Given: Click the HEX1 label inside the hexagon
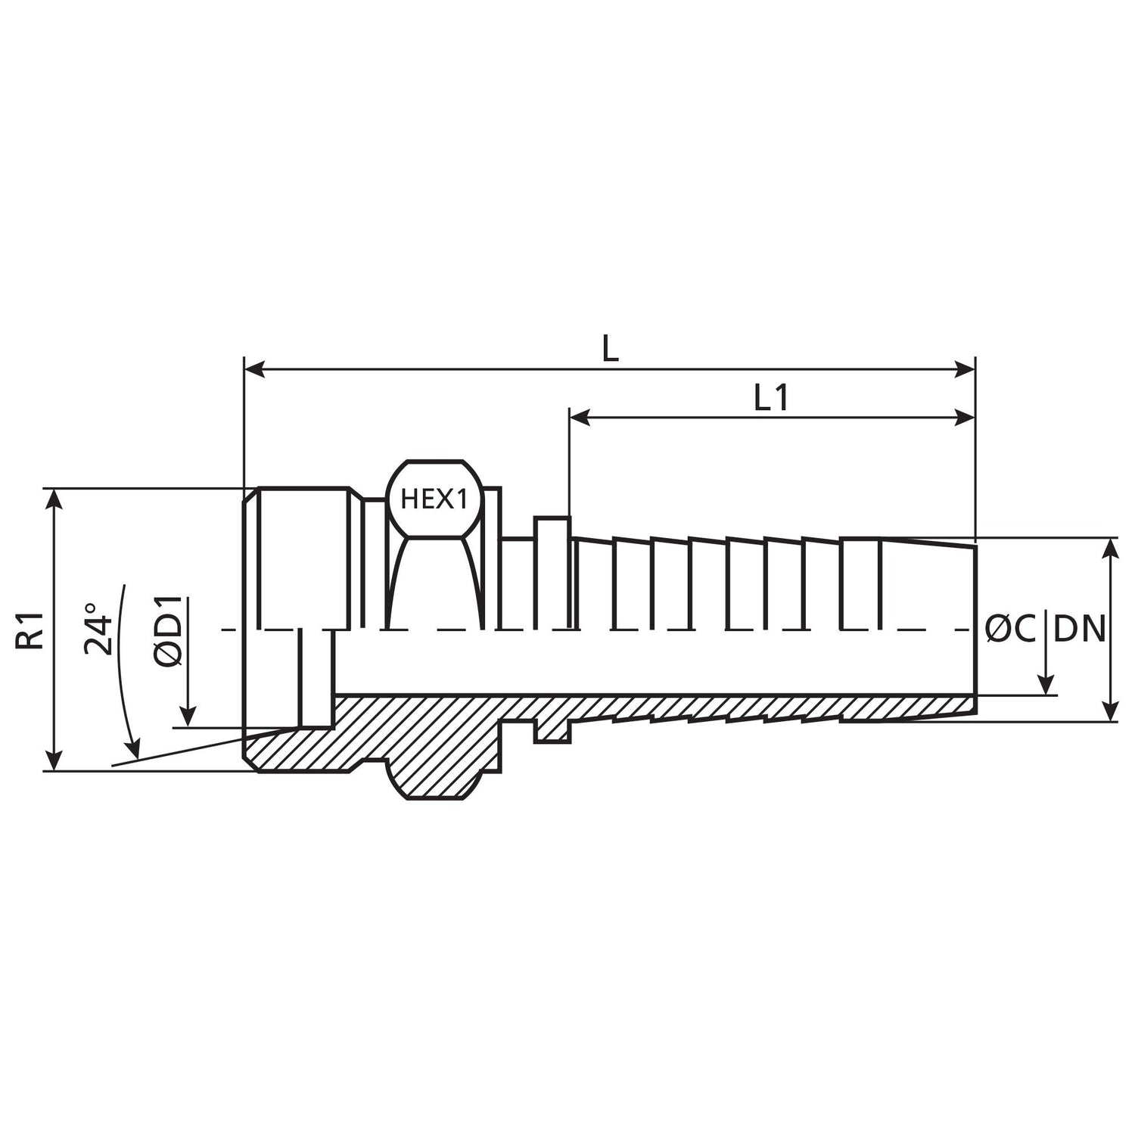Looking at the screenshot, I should [434, 499].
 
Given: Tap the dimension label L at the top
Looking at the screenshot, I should [610, 348].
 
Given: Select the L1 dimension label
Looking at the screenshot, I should [772, 398].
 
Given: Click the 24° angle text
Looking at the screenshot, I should [101, 628].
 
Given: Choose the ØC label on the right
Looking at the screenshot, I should [1011, 629].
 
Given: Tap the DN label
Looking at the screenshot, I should [1080, 629].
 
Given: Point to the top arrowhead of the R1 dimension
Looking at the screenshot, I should [53, 499].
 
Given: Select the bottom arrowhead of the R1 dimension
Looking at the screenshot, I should [53, 761].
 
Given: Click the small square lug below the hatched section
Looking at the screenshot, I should [552, 732].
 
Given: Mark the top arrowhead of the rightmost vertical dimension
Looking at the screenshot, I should [1110, 548].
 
